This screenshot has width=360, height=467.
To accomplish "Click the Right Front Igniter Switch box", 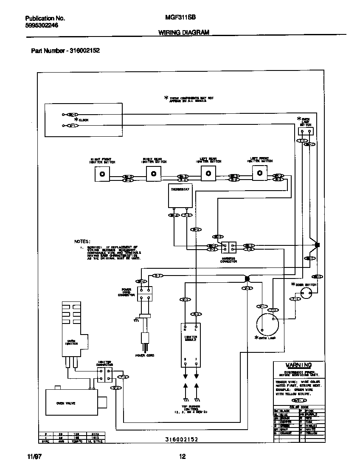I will (101, 174).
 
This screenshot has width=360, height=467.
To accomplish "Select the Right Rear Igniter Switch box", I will (154, 174).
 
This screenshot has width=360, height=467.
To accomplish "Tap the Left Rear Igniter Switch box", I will (208, 174).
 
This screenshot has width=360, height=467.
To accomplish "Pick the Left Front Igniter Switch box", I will (260, 173).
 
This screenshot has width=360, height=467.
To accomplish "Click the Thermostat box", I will (180, 197).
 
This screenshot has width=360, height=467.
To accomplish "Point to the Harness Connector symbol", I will (228, 248).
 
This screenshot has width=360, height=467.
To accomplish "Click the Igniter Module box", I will (191, 345).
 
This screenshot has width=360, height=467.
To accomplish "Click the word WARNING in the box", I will (298, 365).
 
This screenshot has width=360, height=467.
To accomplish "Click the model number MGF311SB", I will (177, 18).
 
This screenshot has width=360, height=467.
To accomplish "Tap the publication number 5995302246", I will (42, 25).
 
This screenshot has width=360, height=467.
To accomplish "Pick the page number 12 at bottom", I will (183, 457).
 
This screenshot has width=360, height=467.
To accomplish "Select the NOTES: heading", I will (82, 241).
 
